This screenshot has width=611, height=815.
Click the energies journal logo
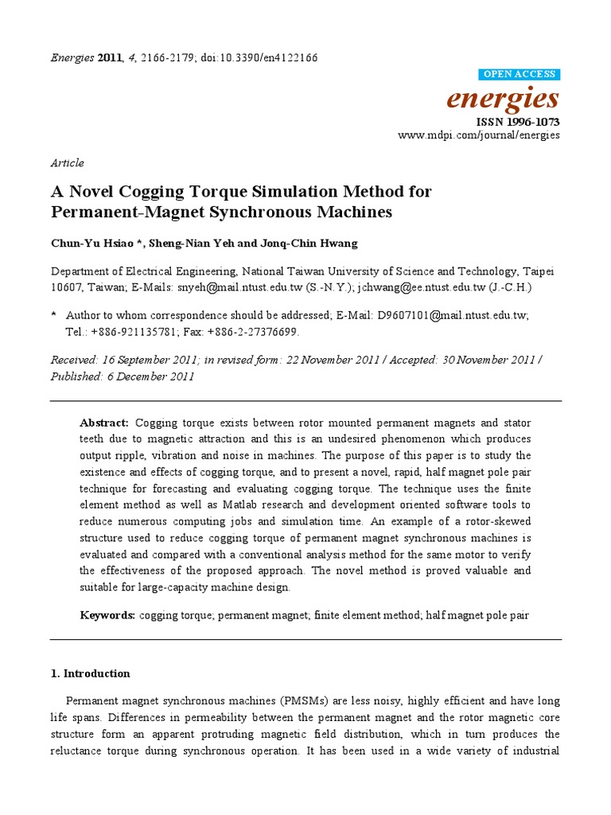(503, 99)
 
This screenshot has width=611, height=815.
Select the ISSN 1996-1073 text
(517, 122)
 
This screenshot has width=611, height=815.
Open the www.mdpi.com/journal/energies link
(479, 135)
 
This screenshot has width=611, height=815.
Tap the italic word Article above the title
(67, 163)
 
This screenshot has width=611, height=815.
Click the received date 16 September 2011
(148, 360)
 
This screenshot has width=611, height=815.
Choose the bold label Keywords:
(107, 615)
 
